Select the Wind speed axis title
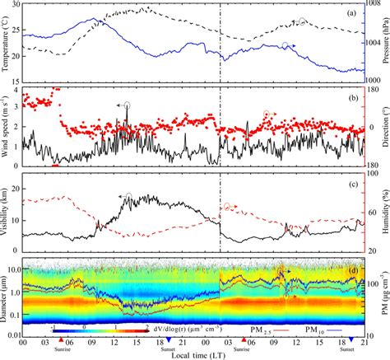[x=7, y=128]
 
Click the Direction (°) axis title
[x=384, y=128]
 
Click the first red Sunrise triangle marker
[x=63, y=340]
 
